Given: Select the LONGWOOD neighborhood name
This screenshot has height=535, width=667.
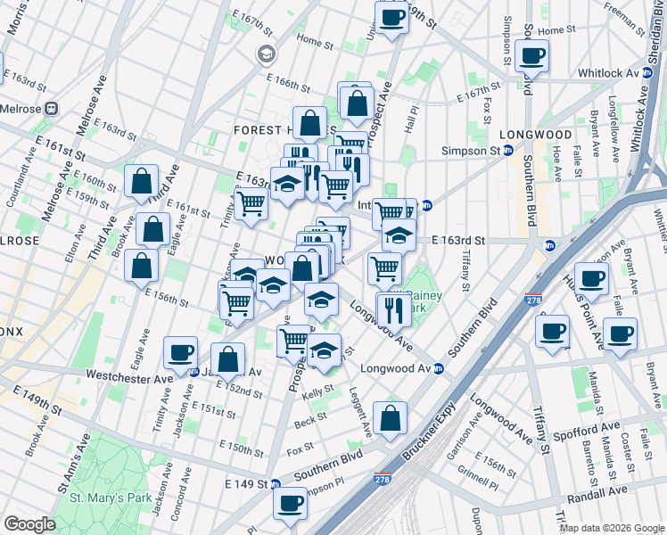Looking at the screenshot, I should [x=535, y=135].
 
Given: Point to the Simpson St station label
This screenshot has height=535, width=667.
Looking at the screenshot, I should [x=472, y=152].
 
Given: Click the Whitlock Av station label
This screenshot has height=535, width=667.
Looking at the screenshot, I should [x=614, y=73].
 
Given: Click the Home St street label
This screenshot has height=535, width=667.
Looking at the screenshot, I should [x=314, y=40].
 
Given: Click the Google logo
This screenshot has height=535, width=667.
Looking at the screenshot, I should [x=29, y=524].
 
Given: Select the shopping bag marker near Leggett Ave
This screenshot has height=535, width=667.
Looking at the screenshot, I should [x=390, y=416].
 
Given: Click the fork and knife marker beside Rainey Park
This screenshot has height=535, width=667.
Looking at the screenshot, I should [x=391, y=309].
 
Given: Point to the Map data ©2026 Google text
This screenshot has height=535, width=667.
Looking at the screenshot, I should [x=612, y=528].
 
